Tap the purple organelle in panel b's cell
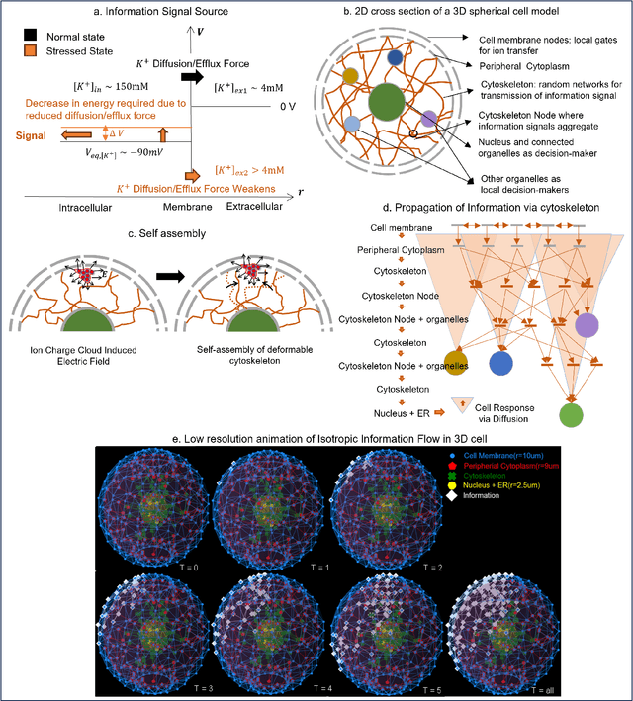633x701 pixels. tap(429, 118)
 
